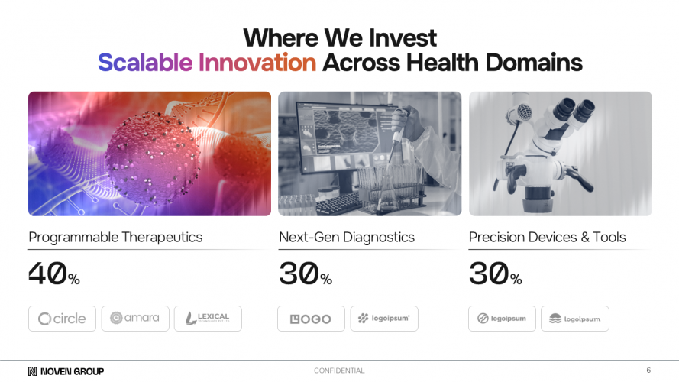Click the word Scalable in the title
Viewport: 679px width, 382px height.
144,62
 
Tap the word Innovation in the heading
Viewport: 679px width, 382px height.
257,62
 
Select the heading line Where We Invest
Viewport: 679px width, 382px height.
339,37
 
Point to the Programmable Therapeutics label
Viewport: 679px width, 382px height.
115,237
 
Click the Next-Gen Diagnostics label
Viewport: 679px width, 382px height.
346,237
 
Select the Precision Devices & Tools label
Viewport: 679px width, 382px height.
547,237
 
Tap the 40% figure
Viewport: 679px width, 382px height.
54,274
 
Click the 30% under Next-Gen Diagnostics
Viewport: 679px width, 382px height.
305,274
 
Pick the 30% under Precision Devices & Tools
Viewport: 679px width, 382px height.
495,274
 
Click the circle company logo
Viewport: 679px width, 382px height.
62,319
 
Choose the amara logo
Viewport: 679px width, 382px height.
135,318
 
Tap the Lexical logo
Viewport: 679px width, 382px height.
208,319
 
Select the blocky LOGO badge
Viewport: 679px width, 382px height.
311,319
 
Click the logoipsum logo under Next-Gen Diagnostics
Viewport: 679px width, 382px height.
384,319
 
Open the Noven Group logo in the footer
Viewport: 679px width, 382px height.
66,371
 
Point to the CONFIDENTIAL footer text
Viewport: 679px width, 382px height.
339,371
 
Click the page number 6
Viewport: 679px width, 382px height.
648,370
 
